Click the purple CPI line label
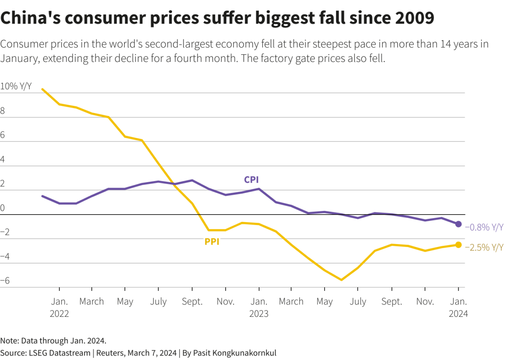[252, 180]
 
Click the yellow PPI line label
[212, 242]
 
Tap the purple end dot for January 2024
[458, 224]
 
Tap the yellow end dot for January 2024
[458, 245]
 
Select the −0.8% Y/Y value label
[484, 227]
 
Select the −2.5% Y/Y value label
[484, 248]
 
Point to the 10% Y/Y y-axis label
[16, 86]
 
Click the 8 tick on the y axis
[3, 111]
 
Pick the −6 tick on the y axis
[5, 280]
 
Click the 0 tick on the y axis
[3, 208]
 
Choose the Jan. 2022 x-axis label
[59, 307]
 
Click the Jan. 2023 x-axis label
[259, 307]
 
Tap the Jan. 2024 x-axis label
[458, 307]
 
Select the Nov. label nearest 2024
[425, 302]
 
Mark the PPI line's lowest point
[341, 280]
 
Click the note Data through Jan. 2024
[53, 341]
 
